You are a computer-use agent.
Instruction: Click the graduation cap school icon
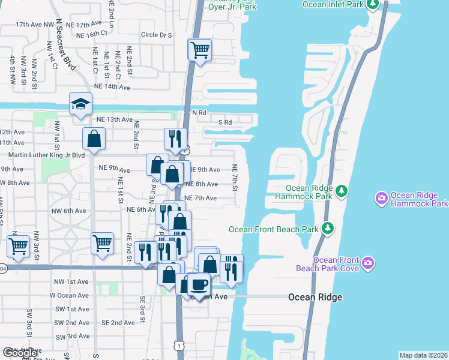click(x=80, y=104)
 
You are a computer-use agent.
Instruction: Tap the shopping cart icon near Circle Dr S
click(x=200, y=50)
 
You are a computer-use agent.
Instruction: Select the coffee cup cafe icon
click(x=199, y=284)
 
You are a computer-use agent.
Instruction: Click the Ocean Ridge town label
click(x=315, y=297)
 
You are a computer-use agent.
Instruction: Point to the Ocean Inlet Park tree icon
click(x=373, y=5)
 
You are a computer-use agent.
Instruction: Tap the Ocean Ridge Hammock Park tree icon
click(x=342, y=191)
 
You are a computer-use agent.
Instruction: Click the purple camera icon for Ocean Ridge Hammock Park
click(x=381, y=198)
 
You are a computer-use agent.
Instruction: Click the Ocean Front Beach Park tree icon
click(x=328, y=228)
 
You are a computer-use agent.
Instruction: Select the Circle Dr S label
click(x=157, y=35)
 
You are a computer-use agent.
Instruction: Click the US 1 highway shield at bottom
click(x=178, y=346)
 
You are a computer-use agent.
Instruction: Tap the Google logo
click(x=20, y=353)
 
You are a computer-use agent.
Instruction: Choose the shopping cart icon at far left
click(x=18, y=245)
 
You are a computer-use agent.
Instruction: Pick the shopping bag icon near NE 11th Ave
click(x=94, y=139)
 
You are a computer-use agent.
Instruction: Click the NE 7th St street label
click(x=235, y=179)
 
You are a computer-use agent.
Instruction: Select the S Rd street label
click(x=224, y=122)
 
